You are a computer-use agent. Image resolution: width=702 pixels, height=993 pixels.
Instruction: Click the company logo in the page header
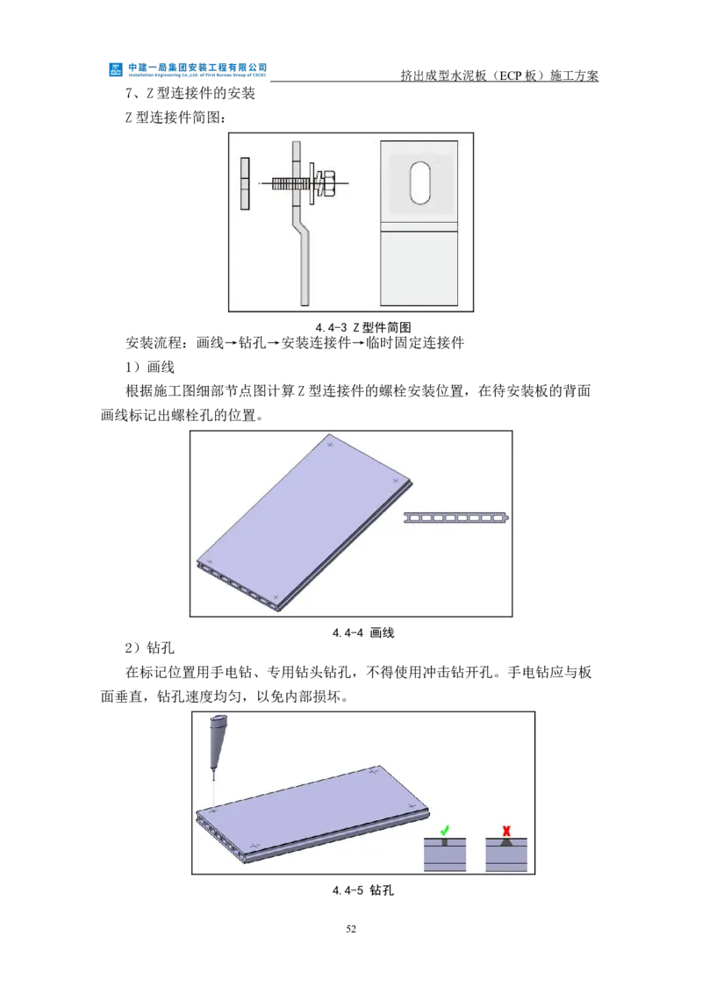click(115, 68)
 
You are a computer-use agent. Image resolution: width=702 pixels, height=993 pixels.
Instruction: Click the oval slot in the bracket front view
click(421, 182)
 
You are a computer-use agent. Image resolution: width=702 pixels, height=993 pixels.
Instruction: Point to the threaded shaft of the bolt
click(286, 183)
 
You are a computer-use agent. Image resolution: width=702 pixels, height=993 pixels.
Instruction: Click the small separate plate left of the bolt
click(245, 184)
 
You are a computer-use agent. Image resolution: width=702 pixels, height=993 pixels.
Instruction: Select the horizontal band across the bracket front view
click(419, 225)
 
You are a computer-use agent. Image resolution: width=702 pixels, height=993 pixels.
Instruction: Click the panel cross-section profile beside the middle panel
click(456, 518)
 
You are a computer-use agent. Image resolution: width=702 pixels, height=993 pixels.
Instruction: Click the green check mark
click(444, 829)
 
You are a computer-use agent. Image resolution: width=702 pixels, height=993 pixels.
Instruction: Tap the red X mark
click(506, 829)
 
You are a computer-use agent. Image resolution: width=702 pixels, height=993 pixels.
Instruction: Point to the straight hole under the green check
click(444, 841)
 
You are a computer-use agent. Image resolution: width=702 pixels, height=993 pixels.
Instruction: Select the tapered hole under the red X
click(506, 841)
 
